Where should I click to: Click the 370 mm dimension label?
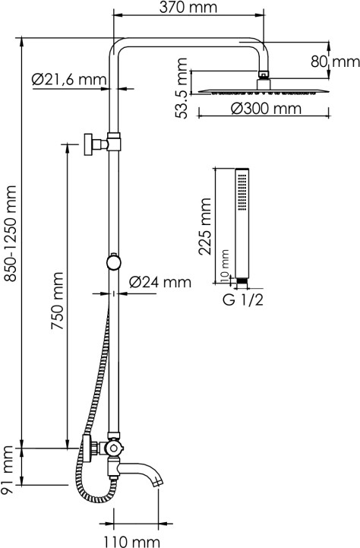click(188, 8)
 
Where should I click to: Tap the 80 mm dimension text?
click(335, 62)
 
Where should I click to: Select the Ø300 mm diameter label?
click(266, 109)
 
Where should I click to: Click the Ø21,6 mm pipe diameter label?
click(68, 80)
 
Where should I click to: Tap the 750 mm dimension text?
click(57, 300)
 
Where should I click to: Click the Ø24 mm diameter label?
click(160, 282)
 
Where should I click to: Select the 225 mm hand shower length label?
click(204, 226)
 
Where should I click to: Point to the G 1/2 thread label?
click(243, 300)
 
